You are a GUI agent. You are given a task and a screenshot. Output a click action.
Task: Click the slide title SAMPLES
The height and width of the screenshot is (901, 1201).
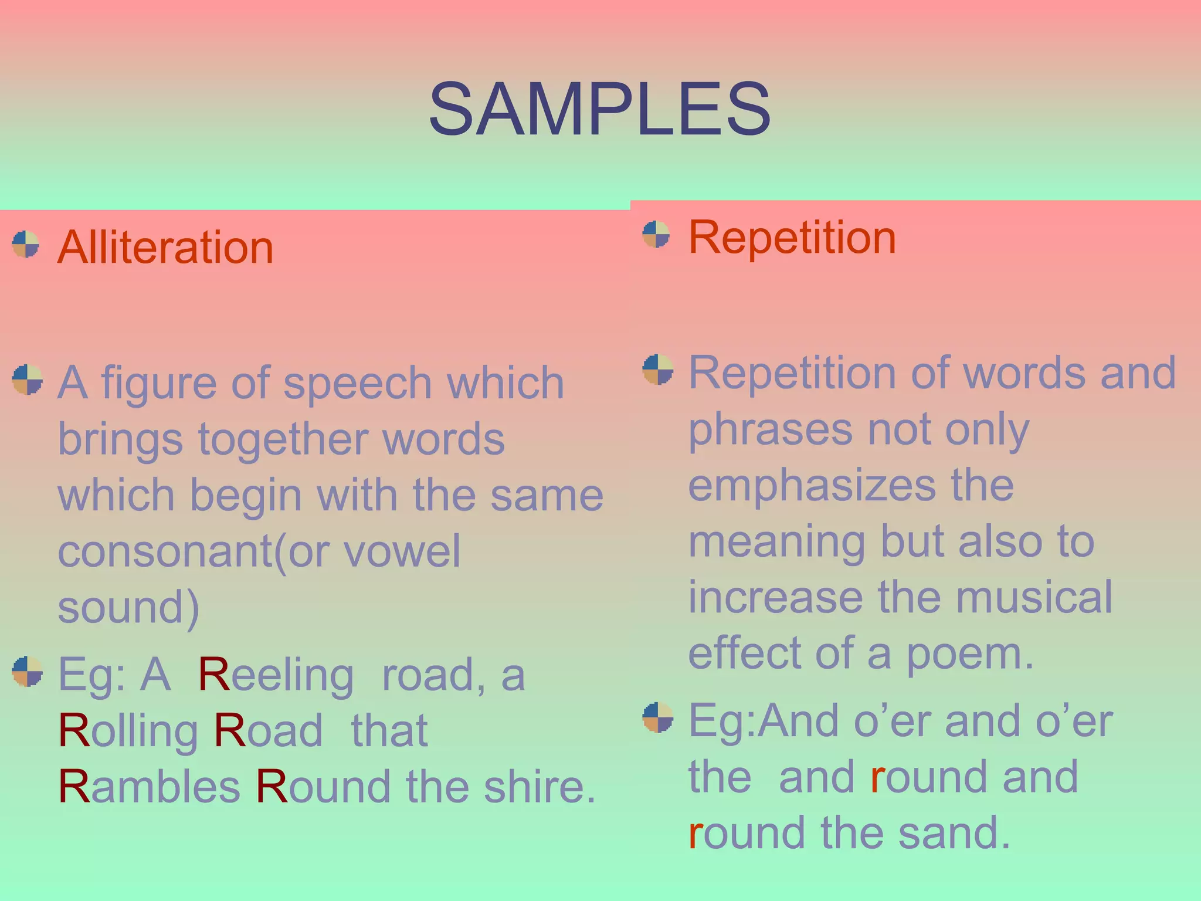[599, 110]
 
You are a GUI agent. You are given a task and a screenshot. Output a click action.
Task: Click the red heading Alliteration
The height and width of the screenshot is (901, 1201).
[165, 247]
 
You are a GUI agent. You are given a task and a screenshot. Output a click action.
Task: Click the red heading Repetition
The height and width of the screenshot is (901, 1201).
[792, 238]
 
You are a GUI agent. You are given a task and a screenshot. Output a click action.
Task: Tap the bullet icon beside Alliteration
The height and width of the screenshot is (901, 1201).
[26, 244]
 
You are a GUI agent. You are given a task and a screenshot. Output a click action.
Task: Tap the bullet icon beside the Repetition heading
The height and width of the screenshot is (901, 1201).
[656, 235]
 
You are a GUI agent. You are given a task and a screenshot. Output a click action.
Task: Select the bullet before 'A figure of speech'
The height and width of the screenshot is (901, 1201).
[27, 379]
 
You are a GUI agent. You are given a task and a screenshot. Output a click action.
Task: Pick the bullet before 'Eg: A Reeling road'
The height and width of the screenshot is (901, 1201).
[27, 672]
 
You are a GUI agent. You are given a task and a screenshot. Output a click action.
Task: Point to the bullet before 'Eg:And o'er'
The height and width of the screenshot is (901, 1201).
[657, 717]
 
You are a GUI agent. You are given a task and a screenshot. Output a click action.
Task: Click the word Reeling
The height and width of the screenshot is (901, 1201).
[276, 675]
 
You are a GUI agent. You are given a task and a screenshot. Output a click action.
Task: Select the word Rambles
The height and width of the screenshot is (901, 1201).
[149, 786]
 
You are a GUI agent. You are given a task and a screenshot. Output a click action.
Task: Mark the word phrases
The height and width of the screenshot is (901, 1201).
[770, 429]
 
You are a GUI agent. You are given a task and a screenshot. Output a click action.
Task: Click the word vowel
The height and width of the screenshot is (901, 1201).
[402, 551]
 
